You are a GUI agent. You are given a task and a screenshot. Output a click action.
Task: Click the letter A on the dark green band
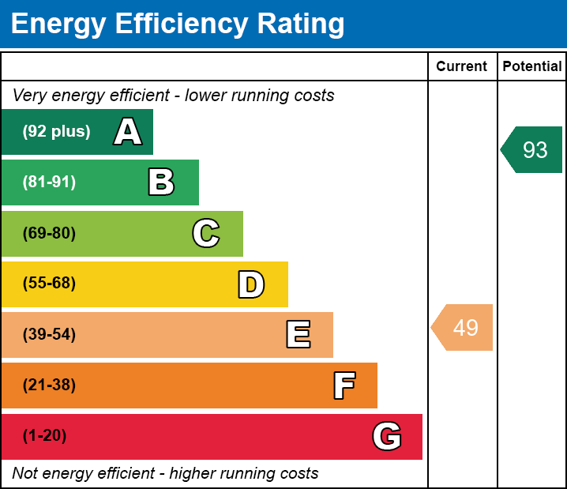point(128,132)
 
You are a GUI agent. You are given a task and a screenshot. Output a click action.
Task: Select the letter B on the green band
point(161,182)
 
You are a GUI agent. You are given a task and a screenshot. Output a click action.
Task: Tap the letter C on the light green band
point(205,234)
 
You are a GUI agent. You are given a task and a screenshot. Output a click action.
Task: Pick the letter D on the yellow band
point(251,284)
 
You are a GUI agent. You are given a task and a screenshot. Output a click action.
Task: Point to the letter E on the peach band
point(298,335)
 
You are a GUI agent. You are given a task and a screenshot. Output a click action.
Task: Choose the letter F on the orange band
point(344,386)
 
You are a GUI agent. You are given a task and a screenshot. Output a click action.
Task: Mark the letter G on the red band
point(387,436)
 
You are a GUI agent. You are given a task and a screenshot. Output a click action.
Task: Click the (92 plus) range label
point(56,132)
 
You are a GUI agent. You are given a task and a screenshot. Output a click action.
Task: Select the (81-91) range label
point(49,182)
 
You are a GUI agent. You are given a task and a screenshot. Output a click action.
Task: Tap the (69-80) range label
point(49,234)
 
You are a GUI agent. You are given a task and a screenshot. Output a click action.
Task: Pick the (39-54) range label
point(49,335)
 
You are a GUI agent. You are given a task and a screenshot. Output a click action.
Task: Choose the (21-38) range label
point(49,386)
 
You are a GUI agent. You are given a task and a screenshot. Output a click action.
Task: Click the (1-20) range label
point(44,436)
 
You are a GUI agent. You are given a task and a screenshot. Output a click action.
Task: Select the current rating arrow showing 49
point(464,327)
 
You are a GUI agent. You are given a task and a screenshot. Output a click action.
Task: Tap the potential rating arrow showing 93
point(533,149)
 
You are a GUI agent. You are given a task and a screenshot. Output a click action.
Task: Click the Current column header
point(462,67)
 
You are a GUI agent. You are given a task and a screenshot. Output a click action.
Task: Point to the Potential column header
point(532,67)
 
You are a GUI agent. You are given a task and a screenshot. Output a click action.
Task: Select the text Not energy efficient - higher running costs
point(165,474)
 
